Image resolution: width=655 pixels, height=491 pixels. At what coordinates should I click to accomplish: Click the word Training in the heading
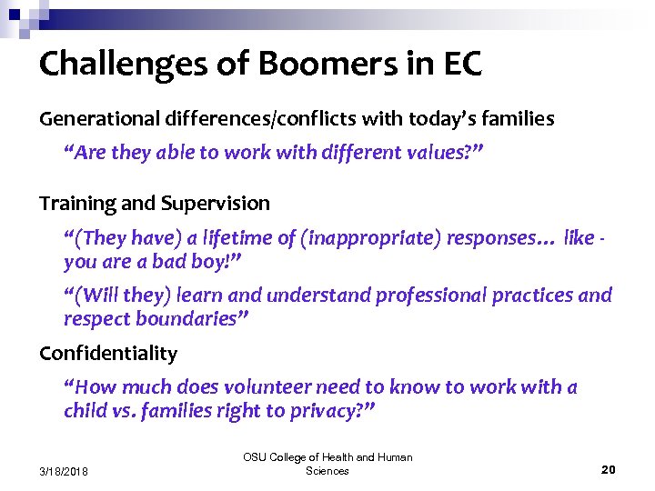point(76,203)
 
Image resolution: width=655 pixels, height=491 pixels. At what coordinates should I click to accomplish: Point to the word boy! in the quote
point(222,262)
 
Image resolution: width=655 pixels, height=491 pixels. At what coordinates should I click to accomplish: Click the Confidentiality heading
point(108,353)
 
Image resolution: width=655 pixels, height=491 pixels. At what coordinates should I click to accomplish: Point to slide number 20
point(609,469)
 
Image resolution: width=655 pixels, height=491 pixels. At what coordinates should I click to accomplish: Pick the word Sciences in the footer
point(327,471)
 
